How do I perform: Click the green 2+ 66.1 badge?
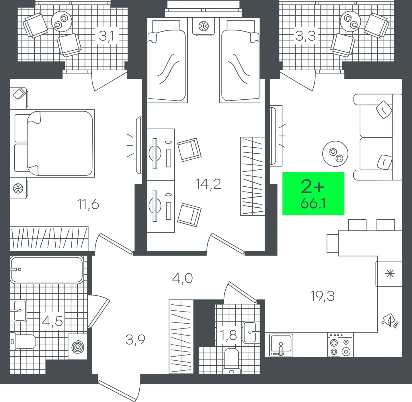pos(313,194)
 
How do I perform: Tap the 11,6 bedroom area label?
pos(88,205)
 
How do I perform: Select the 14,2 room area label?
pos(208,184)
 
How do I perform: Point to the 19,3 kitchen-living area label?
pos(322,296)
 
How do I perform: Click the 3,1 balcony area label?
pos(106,36)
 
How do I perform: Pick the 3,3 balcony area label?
pos(306,36)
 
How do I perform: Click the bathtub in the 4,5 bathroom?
pos(47,270)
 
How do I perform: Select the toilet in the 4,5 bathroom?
pos(23,342)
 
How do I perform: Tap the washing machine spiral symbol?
pos(78,347)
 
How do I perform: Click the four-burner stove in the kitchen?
pos(340,345)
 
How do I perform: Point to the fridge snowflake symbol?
pos(390,274)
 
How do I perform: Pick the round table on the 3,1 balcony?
pos(62,22)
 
